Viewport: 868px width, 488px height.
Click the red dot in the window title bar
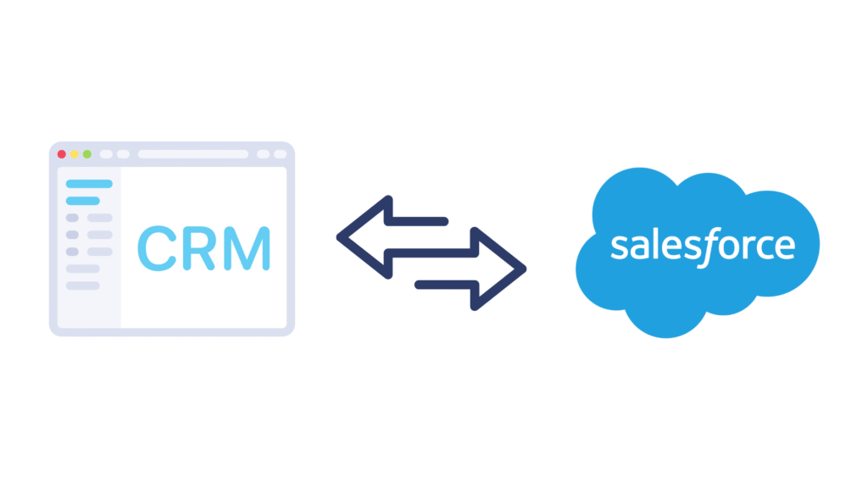pyautogui.click(x=61, y=154)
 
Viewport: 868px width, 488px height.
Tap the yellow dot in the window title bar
pyautogui.click(x=74, y=154)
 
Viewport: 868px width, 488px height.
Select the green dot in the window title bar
pyautogui.click(x=86, y=154)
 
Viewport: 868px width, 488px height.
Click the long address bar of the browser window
pyautogui.click(x=192, y=154)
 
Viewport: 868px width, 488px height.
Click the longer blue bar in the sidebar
pyautogui.click(x=89, y=184)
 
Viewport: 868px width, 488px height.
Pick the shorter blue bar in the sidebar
pyautogui.click(x=83, y=201)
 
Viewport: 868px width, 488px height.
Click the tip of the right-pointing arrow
pyautogui.click(x=523, y=270)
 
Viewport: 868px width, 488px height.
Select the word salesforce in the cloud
pyautogui.click(x=703, y=245)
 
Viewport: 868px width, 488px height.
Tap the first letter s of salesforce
pyautogui.click(x=618, y=247)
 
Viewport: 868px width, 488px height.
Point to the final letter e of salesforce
pyautogui.click(x=786, y=247)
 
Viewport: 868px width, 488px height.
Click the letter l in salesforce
pyautogui.click(x=654, y=243)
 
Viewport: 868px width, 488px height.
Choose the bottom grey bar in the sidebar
pyautogui.click(x=83, y=286)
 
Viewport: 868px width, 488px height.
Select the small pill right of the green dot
pyautogui.click(x=106, y=154)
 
